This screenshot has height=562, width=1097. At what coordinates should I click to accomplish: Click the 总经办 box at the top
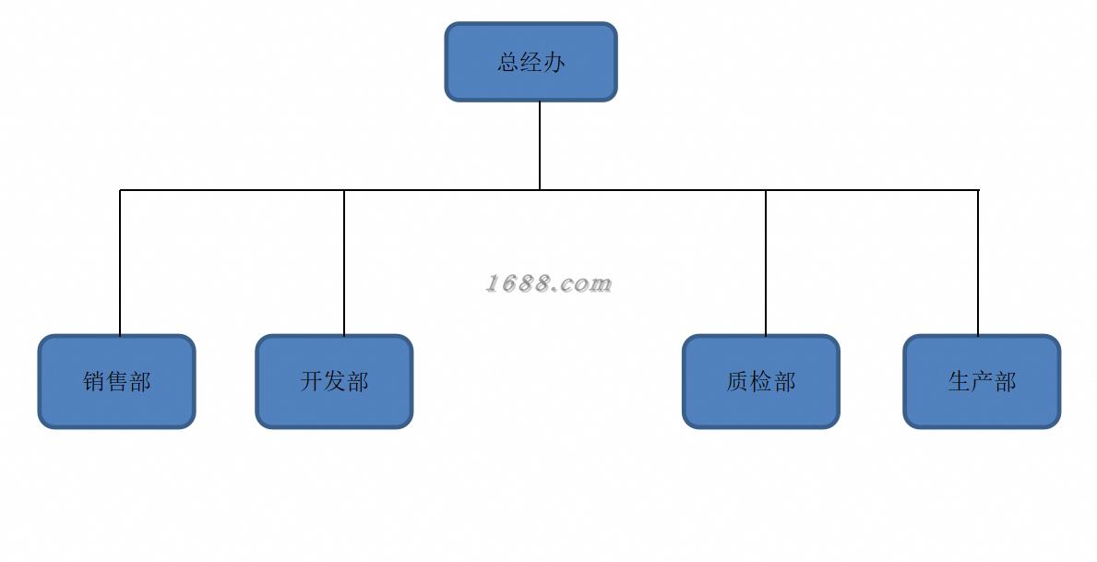(531, 62)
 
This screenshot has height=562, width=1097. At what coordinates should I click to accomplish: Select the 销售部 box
(117, 381)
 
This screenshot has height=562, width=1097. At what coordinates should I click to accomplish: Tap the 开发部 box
(334, 381)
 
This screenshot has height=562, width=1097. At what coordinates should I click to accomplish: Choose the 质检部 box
(761, 381)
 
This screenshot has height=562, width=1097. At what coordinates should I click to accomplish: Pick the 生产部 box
(983, 381)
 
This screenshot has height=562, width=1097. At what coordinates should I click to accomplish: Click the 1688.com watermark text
(548, 283)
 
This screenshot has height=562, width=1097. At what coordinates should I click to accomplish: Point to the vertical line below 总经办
(540, 146)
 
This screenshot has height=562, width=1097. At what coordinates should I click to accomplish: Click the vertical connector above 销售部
(120, 262)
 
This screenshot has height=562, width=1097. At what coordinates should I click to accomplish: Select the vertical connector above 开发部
(344, 262)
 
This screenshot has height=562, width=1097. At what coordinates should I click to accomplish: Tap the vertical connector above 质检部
(766, 262)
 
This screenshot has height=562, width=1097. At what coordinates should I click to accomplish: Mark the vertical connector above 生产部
(978, 262)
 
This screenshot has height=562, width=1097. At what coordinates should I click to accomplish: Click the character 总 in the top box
(508, 62)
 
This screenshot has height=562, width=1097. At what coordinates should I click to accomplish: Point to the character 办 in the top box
(554, 62)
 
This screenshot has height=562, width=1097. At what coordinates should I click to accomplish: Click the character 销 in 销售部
(94, 381)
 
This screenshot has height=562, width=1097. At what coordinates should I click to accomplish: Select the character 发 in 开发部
(334, 381)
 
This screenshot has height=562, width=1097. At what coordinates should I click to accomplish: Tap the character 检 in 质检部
(761, 381)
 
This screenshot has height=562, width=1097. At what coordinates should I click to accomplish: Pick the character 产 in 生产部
(983, 381)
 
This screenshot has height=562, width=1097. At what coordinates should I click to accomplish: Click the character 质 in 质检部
(738, 381)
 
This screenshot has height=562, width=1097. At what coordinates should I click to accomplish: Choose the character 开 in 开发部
(311, 381)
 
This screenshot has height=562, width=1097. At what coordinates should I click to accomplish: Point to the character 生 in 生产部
(960, 381)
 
